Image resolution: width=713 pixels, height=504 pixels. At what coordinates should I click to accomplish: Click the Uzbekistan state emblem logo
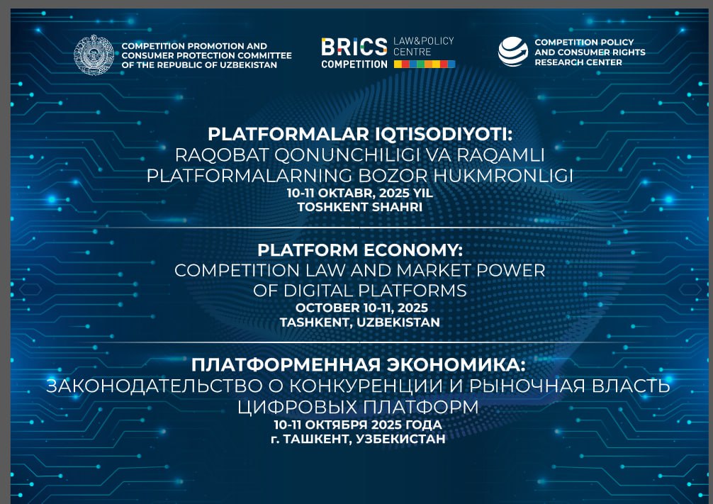pyautogui.click(x=94, y=55)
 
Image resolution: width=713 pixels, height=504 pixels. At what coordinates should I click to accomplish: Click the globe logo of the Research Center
pyautogui.click(x=513, y=52)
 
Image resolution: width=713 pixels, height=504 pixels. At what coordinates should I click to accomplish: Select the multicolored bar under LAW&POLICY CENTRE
pyautogui.click(x=425, y=64)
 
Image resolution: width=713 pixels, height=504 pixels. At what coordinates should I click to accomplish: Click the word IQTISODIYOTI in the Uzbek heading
pyautogui.click(x=444, y=134)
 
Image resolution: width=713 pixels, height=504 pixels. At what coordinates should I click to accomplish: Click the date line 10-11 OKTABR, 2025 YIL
pyautogui.click(x=359, y=193)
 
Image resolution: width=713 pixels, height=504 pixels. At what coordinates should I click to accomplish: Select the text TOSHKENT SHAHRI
pyautogui.click(x=359, y=207)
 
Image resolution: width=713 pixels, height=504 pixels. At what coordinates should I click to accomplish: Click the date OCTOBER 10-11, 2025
pyautogui.click(x=361, y=308)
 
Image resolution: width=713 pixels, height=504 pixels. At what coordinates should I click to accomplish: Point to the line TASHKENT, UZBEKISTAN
pyautogui.click(x=359, y=323)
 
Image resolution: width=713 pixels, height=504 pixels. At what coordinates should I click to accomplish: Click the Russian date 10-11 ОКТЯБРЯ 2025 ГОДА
pyautogui.click(x=358, y=425)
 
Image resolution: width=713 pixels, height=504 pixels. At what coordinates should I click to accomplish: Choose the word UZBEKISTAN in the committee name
pyautogui.click(x=249, y=65)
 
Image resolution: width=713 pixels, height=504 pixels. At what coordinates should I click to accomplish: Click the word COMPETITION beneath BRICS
pyautogui.click(x=354, y=65)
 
